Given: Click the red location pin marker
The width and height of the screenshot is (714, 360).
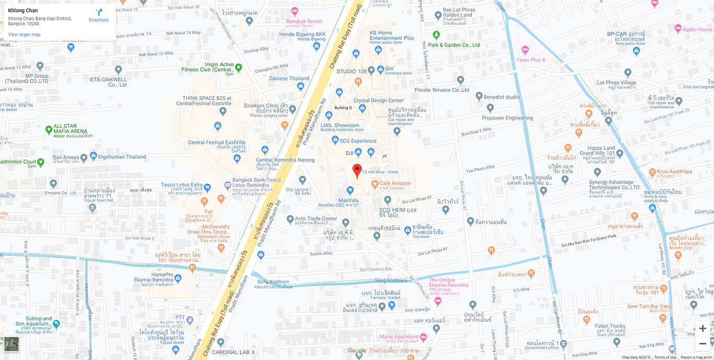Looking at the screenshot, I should tap(357, 170).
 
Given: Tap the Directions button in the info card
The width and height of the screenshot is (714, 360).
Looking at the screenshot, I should tap(99, 16).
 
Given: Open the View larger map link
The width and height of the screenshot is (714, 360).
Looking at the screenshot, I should tap(24, 34).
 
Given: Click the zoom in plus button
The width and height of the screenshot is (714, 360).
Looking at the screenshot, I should tap(703, 329).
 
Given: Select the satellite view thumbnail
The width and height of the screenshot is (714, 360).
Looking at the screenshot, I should tap(11, 344).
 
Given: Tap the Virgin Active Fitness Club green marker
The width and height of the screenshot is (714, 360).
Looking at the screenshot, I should tap(238, 67).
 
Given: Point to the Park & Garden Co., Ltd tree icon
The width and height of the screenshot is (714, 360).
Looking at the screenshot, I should tap(436, 35).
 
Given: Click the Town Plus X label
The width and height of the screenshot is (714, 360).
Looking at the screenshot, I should tap(531, 60).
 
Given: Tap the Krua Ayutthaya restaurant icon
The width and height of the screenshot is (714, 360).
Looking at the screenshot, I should tap(652, 172).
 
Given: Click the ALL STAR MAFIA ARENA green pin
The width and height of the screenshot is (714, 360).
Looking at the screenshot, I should tap(49, 129).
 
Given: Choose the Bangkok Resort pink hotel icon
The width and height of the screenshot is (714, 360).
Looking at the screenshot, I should tap(295, 11).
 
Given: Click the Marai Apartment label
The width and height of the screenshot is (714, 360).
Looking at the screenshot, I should tap(399, 336).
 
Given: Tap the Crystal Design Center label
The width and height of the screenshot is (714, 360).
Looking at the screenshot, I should tap(378, 100).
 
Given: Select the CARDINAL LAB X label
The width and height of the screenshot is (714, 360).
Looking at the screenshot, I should tap(238, 352).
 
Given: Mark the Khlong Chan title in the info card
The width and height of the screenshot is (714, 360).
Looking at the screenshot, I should tap(23, 10).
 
